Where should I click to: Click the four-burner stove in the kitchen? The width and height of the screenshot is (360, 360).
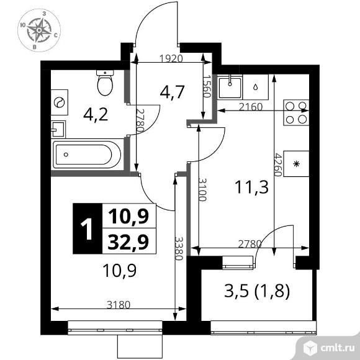295,111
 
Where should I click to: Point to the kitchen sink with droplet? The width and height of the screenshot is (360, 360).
256,86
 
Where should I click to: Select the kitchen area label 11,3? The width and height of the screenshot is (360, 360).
251,186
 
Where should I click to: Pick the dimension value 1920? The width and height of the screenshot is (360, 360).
171,60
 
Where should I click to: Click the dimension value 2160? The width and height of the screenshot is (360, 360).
251,107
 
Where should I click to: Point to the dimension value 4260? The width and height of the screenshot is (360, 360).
279,164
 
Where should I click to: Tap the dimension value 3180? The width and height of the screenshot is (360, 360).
118,305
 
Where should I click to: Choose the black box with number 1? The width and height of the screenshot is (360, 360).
87,228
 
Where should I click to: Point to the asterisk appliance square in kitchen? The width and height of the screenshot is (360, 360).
296,164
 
